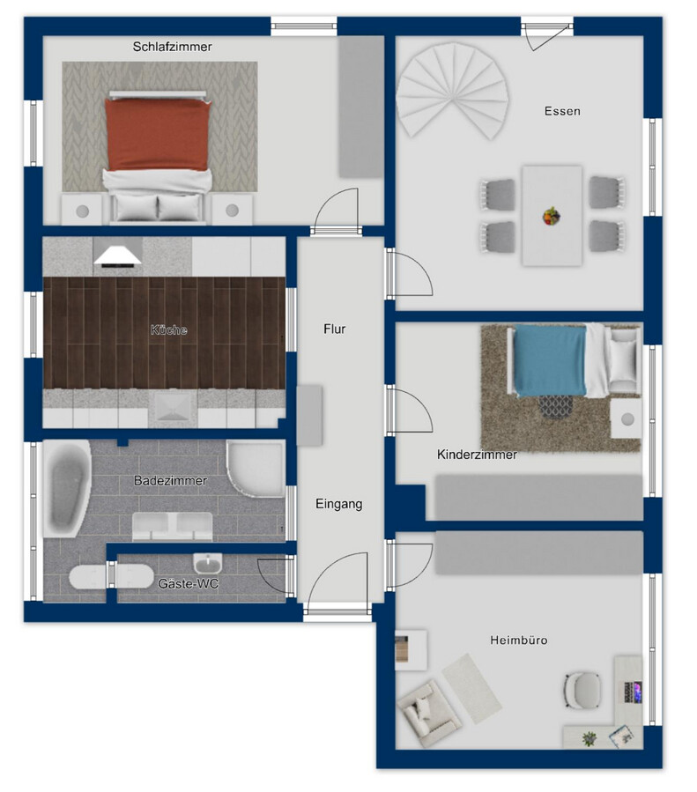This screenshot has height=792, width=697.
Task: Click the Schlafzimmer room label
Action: pyautogui.click(x=172, y=47)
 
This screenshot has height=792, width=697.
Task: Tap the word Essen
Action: pyautogui.click(x=562, y=111)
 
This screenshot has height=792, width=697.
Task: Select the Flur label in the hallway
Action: pyautogui.click(x=334, y=329)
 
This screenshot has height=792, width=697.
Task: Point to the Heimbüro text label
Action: pyautogui.click(x=519, y=640)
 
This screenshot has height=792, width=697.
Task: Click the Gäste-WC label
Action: pyautogui.click(x=188, y=584)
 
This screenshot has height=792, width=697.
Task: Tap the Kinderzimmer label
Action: pyautogui.click(x=477, y=455)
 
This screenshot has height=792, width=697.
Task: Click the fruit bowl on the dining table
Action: pyautogui.click(x=552, y=216)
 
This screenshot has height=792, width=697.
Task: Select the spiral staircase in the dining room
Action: pyautogui.click(x=452, y=91)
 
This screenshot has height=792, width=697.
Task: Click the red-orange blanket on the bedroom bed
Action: pyautogui.click(x=158, y=135)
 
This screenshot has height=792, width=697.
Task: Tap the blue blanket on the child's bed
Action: pyautogui.click(x=550, y=360)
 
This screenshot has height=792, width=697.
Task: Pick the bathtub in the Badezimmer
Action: pyautogui.click(x=66, y=488)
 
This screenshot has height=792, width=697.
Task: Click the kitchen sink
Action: pyautogui.click(x=172, y=408)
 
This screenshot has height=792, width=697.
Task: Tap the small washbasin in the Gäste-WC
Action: pyautogui.click(x=208, y=563)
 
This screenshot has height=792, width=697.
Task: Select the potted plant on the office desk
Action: pyautogui.click(x=589, y=738)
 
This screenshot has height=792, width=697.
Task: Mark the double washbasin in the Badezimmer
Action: pyautogui.click(x=172, y=526)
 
